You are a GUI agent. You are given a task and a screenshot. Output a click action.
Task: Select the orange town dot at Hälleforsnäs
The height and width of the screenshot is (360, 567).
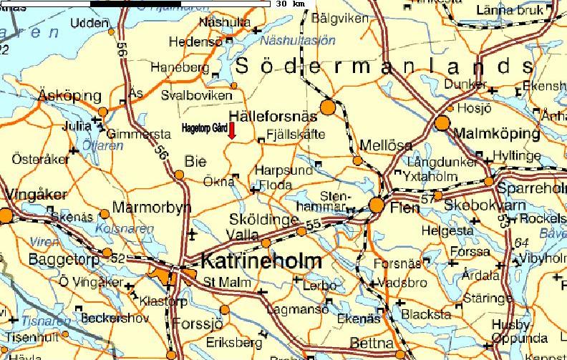click(328, 107)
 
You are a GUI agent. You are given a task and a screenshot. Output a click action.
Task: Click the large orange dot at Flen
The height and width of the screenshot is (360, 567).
click(377, 205)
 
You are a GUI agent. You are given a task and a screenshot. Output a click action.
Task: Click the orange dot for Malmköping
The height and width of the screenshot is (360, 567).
click(442, 122)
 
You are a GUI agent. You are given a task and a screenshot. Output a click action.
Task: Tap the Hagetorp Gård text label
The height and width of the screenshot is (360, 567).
click(204, 127)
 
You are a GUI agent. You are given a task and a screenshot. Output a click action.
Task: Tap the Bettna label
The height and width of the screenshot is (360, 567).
click(372, 343)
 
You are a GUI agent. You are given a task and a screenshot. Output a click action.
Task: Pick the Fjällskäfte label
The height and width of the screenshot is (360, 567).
click(295, 135)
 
